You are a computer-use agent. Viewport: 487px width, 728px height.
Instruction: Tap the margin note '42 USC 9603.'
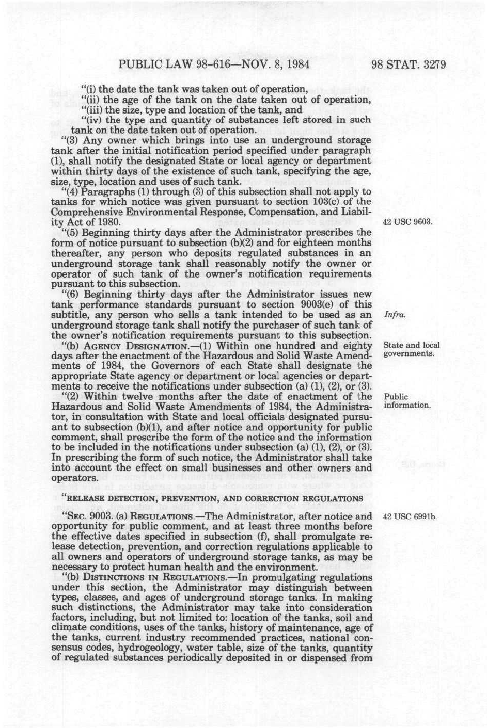(x=406, y=222)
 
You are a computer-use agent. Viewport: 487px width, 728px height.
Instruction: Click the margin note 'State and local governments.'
(x=411, y=349)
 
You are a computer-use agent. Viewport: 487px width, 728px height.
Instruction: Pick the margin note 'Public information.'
(x=406, y=401)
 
